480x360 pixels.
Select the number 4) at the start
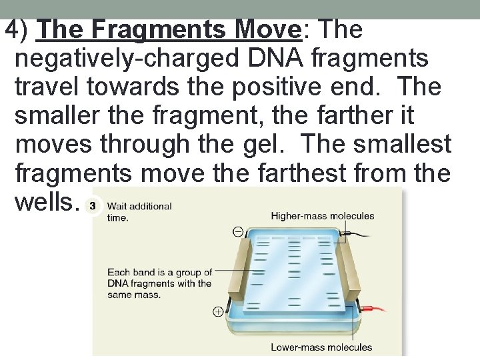point(18,30)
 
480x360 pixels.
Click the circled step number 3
point(95,206)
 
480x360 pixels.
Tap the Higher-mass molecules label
point(322,216)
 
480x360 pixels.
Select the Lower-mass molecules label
point(321,347)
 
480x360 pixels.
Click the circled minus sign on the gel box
point(238,232)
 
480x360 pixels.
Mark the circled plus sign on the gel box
point(218,311)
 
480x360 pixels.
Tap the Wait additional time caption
point(139,211)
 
